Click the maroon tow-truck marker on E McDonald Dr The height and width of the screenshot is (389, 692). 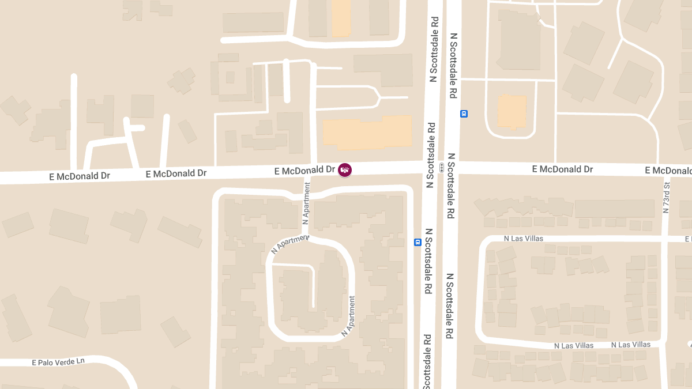pos(344,169)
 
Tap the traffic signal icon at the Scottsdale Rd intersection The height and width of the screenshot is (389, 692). pos(441,168)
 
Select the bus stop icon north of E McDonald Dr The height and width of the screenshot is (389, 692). pos(464,114)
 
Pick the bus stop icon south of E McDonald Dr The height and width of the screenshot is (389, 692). pos(418,243)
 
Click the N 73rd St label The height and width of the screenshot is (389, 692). pos(666,198)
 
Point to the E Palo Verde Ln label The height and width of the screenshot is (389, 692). pos(58,362)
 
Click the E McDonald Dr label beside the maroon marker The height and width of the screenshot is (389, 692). pos(305,170)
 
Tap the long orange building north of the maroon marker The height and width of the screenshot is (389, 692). pos(367,133)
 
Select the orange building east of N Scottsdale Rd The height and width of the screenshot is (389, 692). pos(512,112)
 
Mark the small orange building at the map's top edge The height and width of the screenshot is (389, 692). pos(341,17)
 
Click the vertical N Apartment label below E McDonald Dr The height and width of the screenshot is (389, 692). pos(306,204)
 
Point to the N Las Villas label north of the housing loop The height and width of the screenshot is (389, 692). pos(523,238)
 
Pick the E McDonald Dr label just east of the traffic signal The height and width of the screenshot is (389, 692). pos(562,169)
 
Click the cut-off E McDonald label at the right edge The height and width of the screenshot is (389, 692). pos(668,170)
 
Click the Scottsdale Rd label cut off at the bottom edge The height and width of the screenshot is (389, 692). pos(427,363)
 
